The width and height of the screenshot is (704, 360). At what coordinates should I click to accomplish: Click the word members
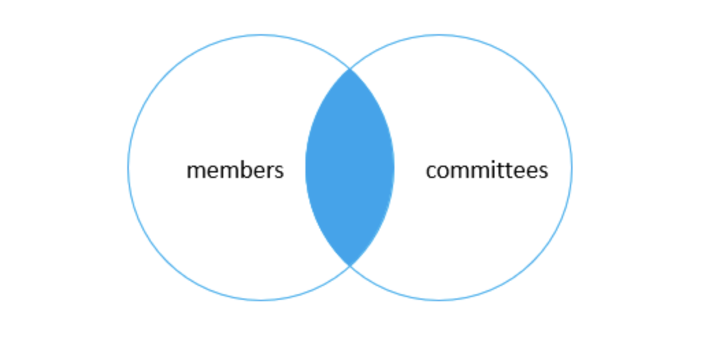[x=235, y=170]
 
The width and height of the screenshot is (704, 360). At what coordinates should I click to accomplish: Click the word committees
[x=486, y=170]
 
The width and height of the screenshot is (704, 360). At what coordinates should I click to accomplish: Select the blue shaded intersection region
[x=350, y=168]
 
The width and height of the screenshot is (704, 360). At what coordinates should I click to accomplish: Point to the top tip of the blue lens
[x=350, y=70]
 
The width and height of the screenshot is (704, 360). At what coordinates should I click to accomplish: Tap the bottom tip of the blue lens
[x=350, y=265]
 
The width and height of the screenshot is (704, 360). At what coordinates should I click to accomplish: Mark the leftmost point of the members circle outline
[x=128, y=168]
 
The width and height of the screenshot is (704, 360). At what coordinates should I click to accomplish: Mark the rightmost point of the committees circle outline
[x=572, y=168]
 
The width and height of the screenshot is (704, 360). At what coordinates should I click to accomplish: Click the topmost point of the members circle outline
[x=261, y=35]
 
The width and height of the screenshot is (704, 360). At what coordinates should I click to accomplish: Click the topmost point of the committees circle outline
[x=439, y=35]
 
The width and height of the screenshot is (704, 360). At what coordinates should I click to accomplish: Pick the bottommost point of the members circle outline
[x=261, y=300]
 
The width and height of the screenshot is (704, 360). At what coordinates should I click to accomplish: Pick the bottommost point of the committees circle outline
[x=439, y=300]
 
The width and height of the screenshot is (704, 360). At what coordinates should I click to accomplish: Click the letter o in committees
[x=444, y=171]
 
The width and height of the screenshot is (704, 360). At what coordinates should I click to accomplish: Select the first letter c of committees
[x=431, y=171]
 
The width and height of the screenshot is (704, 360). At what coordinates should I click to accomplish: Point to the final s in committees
[x=543, y=171]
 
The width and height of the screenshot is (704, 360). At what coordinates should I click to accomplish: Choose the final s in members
[x=279, y=171]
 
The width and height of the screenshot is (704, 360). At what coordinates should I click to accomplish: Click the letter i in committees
[x=492, y=170]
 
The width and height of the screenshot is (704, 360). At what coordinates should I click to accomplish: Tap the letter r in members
[x=268, y=171]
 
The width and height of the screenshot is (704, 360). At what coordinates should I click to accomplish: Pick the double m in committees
[x=469, y=171]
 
